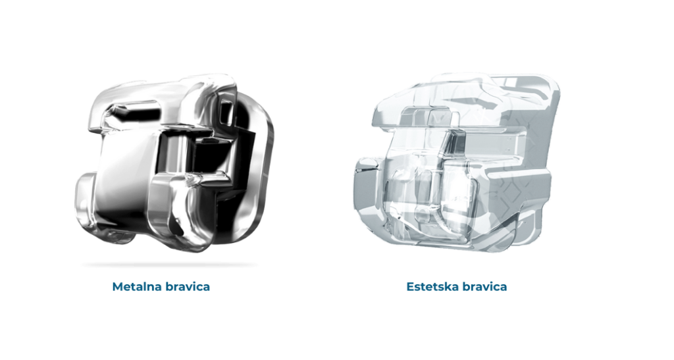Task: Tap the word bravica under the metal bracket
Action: click(186, 286)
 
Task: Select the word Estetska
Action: click(432, 286)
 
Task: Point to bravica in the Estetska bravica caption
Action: click(484, 286)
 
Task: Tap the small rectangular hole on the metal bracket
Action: click(226, 111)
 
